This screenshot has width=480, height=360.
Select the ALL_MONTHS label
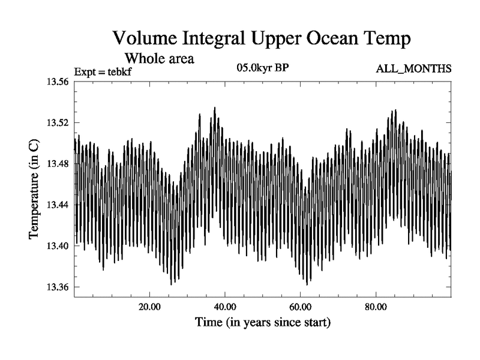coord(413,69)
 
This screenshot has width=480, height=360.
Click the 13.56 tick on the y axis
coord(59,82)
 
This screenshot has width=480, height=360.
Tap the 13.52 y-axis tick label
coord(59,123)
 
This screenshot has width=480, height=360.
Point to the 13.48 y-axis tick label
coord(59,164)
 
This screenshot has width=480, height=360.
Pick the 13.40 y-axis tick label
coord(59,246)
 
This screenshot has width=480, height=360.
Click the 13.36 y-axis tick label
coord(59,287)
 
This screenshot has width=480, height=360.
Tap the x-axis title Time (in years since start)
coord(263,323)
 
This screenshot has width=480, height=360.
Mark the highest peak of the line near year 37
coord(214,108)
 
